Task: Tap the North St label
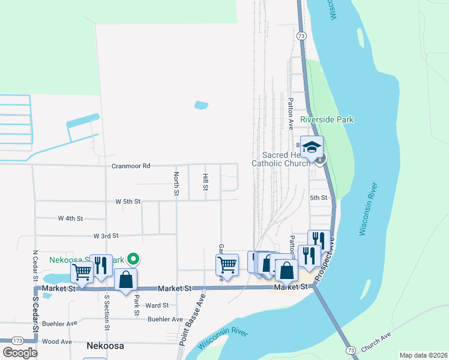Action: pyautogui.click(x=176, y=184)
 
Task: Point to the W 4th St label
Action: pyautogui.click(x=70, y=218)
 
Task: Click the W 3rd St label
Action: pyautogui.click(x=106, y=236)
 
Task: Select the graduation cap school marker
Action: pyautogui.click(x=312, y=147)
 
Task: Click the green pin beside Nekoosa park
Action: pyautogui.click(x=134, y=259)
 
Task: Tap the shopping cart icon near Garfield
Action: pyautogui.click(x=227, y=264)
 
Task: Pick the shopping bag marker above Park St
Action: pyautogui.click(x=125, y=279)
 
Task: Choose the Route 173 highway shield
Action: pyautogui.click(x=17, y=341)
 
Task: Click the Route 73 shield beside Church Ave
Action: pyautogui.click(x=351, y=349)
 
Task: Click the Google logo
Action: pyautogui.click(x=20, y=353)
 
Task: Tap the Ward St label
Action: pyautogui.click(x=157, y=305)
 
